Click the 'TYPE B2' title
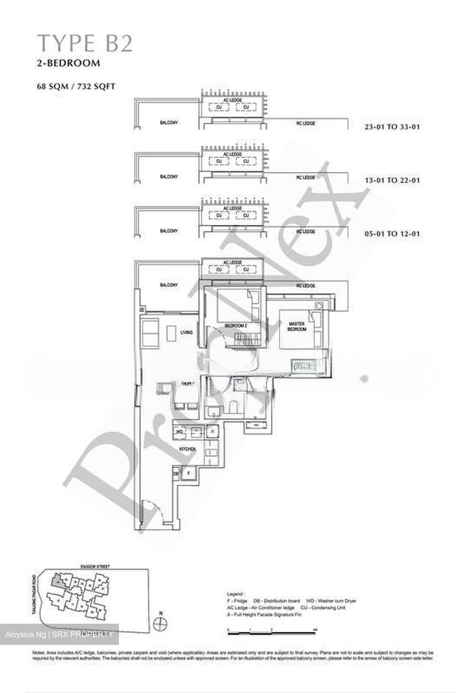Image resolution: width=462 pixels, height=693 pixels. coord(85,44)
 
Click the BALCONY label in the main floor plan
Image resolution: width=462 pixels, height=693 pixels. coord(169,285)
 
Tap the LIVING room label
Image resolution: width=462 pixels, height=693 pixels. coord(186,333)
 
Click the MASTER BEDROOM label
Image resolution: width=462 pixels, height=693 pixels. coord(297,326)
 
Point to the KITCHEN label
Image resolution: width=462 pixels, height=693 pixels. coord(188,449)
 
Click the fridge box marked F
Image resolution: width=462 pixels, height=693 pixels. coord(188,474)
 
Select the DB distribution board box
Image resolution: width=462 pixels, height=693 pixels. coord(176,474)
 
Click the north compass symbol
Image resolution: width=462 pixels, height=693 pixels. coord(160,624)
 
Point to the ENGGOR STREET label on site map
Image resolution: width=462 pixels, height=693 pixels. coord(95,567)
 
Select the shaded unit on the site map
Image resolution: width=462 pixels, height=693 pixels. coord(58,581)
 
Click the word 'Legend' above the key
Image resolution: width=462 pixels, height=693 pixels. coord(236,594)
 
